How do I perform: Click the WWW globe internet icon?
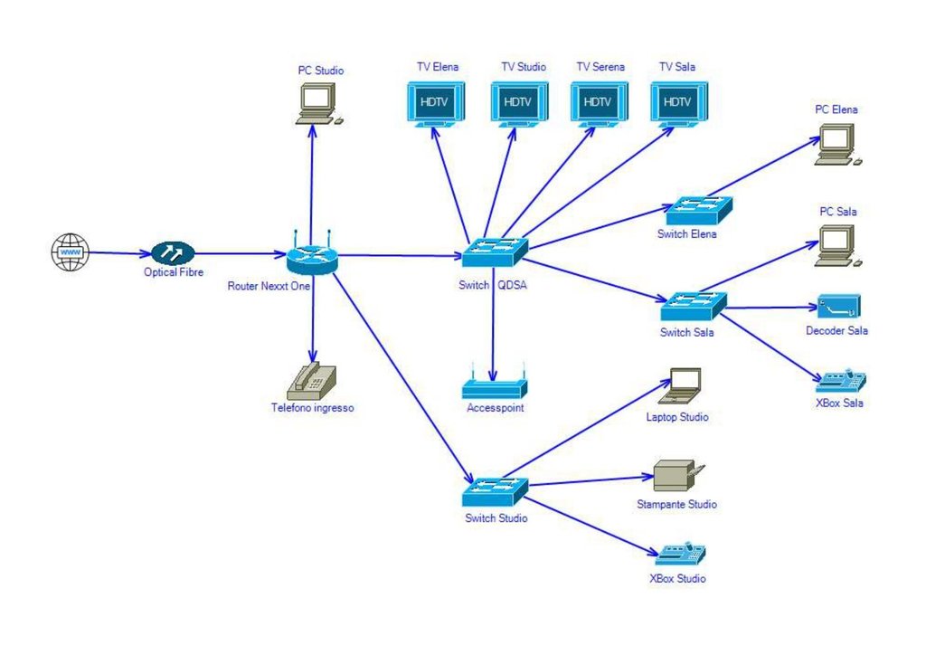click(x=70, y=252)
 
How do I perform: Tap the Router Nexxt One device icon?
click(x=312, y=259)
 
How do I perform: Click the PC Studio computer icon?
click(x=317, y=102)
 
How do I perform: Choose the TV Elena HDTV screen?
click(x=434, y=102)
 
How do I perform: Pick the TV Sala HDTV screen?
click(x=679, y=102)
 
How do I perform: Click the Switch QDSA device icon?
click(x=494, y=252)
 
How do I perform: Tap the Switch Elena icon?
click(x=700, y=211)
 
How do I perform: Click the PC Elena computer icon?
click(x=837, y=142)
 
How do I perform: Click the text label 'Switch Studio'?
click(x=496, y=518)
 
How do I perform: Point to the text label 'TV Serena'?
click(x=600, y=67)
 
